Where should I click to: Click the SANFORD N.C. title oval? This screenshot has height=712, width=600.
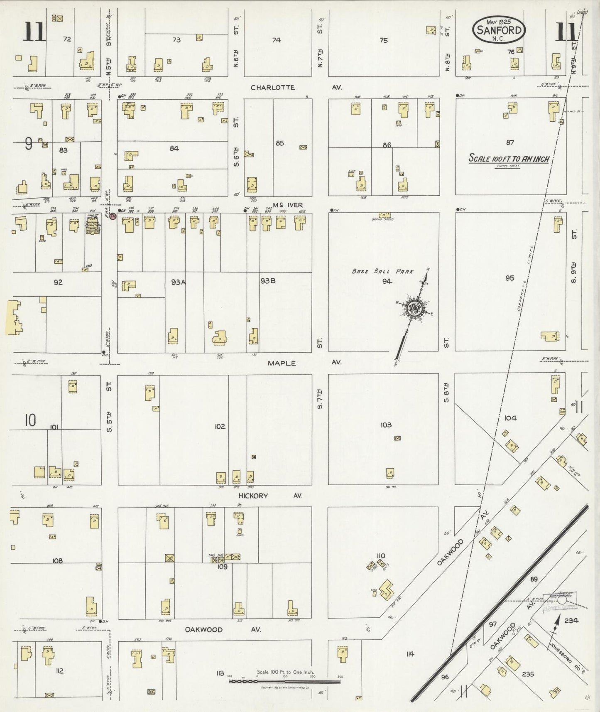click(499, 29)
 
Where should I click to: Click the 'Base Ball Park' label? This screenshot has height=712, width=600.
click(382, 271)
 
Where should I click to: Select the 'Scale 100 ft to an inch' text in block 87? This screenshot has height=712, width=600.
click(509, 159)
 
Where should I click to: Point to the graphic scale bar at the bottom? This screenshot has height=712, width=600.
click(284, 681)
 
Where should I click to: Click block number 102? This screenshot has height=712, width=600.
click(220, 426)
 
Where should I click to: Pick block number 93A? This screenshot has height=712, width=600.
click(178, 282)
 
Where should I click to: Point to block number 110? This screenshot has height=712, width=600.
click(380, 556)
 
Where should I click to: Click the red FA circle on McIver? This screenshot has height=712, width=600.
click(113, 216)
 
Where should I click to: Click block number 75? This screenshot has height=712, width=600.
click(383, 40)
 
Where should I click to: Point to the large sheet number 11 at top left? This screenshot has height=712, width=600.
click(34, 32)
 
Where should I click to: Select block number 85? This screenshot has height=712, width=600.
click(280, 143)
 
